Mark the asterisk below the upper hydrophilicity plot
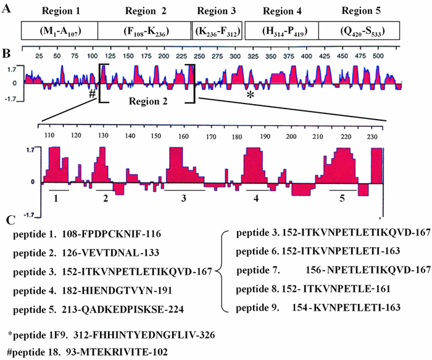click(250, 96)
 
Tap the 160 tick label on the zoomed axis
click(184, 136)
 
